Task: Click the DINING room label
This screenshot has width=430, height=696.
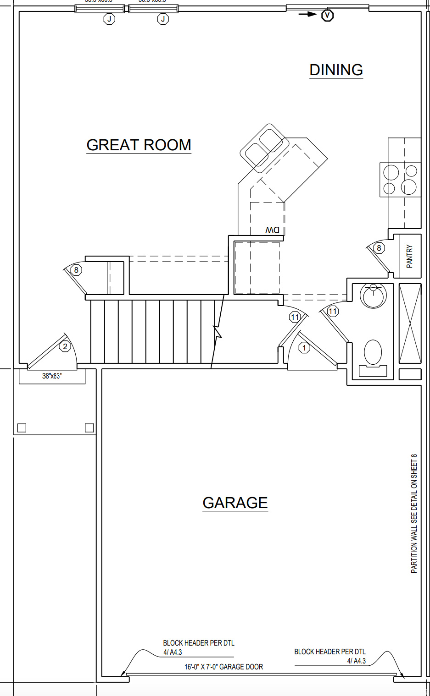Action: pos(336,70)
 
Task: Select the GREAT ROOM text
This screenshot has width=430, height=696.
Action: pos(139,145)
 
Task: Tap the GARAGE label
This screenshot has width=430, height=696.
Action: pos(235,503)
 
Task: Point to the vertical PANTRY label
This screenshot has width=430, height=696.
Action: pos(409,256)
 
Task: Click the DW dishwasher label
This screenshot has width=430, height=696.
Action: pos(272,230)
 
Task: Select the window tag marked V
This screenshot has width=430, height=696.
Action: pos(327,16)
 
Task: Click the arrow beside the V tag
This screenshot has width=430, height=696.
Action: pos(307,14)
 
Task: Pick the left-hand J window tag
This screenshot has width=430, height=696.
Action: pos(109,19)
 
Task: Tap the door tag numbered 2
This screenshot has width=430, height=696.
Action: pos(65,346)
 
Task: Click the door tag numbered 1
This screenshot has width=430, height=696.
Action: pos(304,348)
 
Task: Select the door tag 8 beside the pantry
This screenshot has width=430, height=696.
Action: pos(379,248)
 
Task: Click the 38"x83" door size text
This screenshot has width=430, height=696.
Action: pos(52,376)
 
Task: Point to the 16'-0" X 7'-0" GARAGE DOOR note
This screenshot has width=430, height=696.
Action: pos(223,667)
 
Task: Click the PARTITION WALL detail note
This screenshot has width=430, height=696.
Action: pos(414,513)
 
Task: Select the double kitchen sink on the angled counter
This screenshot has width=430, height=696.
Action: pos(263,148)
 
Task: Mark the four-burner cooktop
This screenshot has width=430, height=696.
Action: pos(400,180)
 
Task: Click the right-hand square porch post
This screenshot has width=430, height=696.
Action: pos(89,428)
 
